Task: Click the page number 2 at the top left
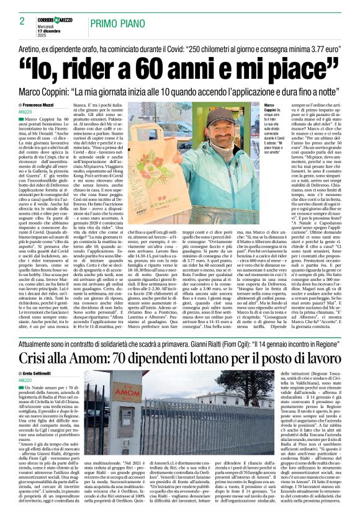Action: coord(22,21)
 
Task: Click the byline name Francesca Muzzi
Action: coord(40,106)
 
